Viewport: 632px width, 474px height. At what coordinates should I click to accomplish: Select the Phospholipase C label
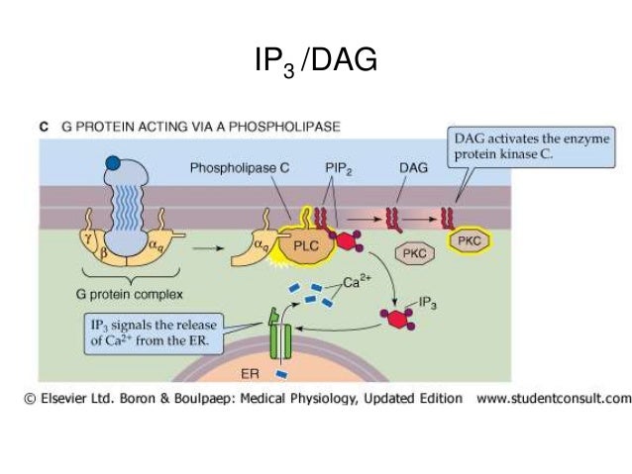[239, 169]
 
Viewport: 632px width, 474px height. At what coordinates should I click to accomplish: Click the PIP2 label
[337, 169]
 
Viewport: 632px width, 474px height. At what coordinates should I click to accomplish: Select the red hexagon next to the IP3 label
[396, 317]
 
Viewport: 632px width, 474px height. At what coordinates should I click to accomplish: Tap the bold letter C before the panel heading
[44, 127]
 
